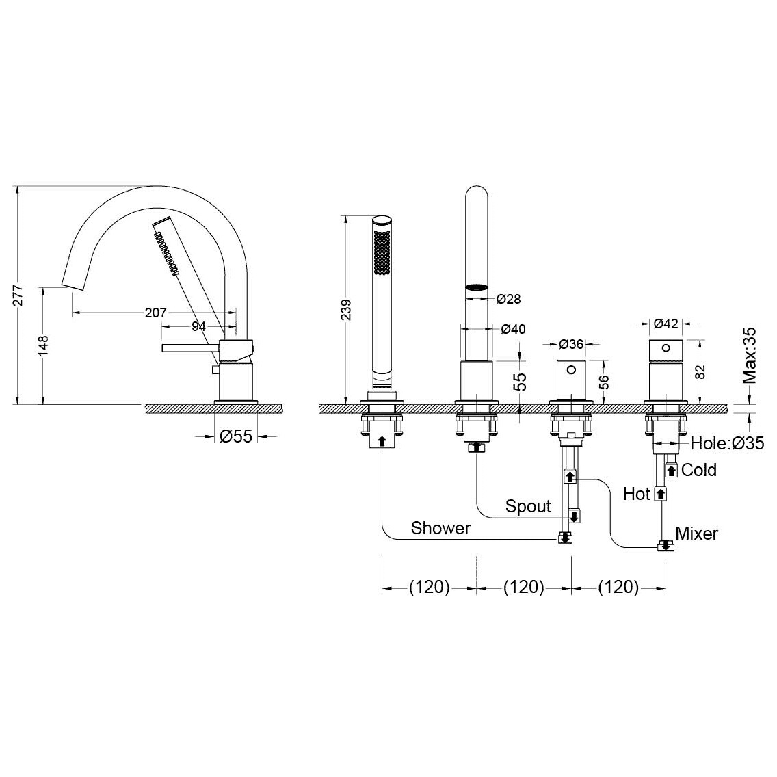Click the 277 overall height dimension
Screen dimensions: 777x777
tap(18, 295)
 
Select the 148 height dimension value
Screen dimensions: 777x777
tap(43, 345)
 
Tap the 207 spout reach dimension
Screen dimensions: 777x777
tap(155, 313)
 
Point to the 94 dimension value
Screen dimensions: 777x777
tap(198, 326)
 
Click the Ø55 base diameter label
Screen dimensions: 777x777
tap(236, 436)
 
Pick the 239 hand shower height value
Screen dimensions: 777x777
tap(346, 310)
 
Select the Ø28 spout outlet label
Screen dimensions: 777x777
tap(508, 299)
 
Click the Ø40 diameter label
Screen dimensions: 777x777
tap(514, 329)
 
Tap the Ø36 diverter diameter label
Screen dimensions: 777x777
tap(571, 343)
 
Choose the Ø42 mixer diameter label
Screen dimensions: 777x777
tap(666, 324)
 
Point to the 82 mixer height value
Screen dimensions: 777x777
tap(700, 371)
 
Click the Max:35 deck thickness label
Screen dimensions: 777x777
tap(749, 355)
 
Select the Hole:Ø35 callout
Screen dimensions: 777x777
tap(728, 443)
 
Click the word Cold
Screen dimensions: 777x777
tap(699, 470)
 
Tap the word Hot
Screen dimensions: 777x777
tap(636, 494)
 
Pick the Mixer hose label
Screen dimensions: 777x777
tap(697, 534)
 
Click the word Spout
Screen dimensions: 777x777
tap(528, 506)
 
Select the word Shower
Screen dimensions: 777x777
tap(440, 528)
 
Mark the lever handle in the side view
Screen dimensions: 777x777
tap(191, 348)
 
